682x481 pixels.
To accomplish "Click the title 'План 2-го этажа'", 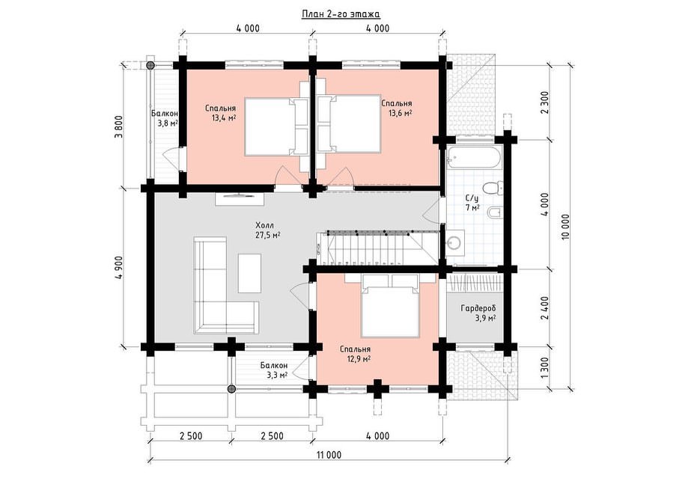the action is pos(341,14).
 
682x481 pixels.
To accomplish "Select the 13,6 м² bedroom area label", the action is pos(400,114).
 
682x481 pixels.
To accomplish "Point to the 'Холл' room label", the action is pos(264,225).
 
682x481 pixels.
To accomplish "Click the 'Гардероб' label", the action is pos(478,308).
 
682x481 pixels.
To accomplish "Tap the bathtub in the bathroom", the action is pos(475,158).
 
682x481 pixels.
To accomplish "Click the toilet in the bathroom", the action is pos(493,189).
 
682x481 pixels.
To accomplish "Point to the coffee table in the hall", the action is pos(249,273).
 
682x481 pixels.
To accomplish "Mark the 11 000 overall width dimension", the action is pos(329,455).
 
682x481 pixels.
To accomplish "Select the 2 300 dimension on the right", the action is pos(546,102).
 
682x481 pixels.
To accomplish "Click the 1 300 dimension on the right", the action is pos(546,368).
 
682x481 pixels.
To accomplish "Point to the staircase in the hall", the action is pos(377,248).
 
